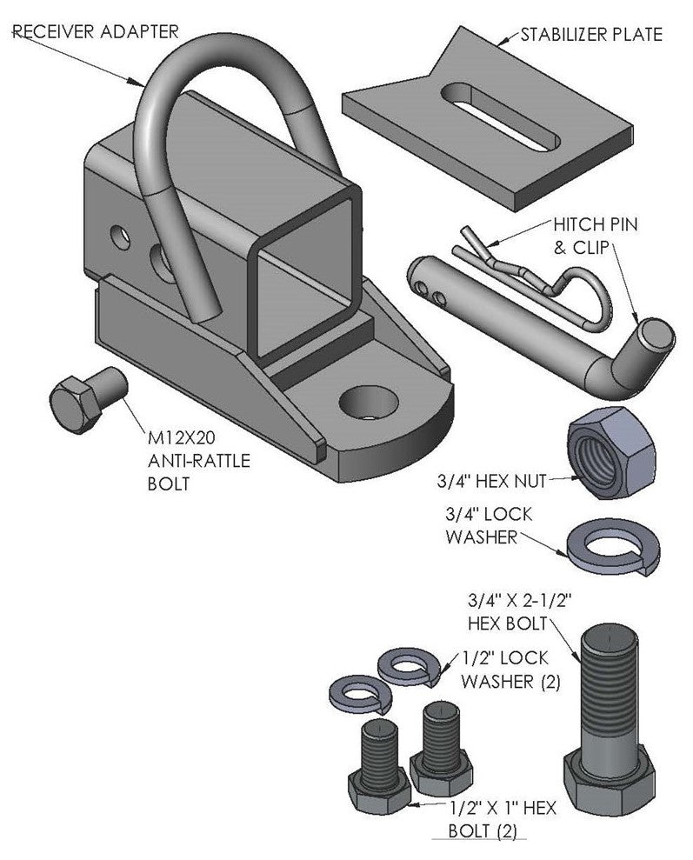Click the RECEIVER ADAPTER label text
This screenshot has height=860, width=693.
(96, 31)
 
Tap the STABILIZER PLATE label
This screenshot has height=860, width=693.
(591, 35)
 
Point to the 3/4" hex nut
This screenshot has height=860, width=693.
(611, 453)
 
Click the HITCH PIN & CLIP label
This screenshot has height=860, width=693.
(595, 236)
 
